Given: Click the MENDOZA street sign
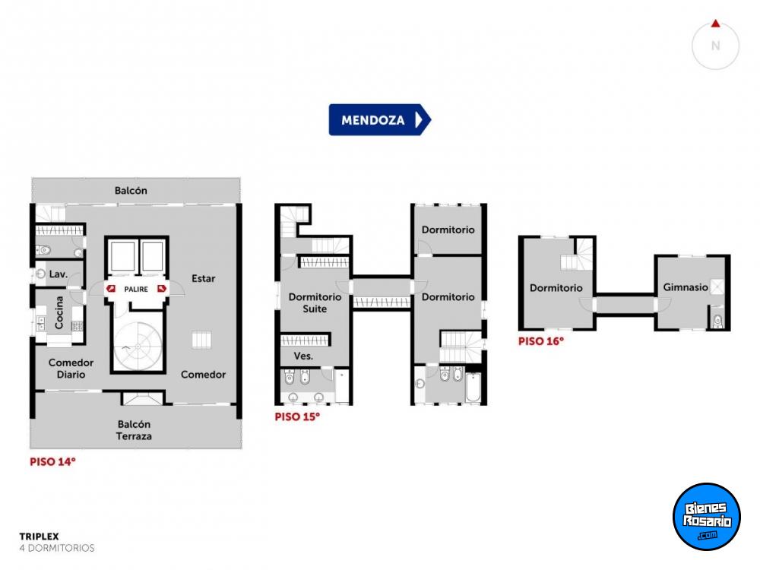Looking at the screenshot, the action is (379, 120).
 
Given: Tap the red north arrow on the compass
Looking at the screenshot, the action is (715, 24).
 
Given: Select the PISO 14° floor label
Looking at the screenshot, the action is (53, 462).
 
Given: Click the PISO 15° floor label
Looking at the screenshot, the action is (297, 416).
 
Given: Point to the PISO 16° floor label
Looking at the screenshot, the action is (541, 341).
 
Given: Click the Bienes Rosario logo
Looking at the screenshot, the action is (707, 517).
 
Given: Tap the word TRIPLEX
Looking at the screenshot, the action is (40, 537).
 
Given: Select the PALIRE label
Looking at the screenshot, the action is (136, 290).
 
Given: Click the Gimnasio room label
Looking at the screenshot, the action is (686, 287).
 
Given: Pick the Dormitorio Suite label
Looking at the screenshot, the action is (315, 303).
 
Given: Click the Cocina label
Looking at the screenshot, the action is (59, 312).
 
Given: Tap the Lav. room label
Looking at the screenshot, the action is (59, 274).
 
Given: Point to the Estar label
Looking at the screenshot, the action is (203, 279).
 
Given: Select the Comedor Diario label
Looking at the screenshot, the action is (71, 369).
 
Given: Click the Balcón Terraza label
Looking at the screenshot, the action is (134, 430).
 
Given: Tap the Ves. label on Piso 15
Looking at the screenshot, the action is (303, 356).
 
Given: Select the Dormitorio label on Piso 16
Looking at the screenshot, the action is (556, 288).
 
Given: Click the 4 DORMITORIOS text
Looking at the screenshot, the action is (57, 548).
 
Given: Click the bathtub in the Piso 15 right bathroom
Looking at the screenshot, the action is (473, 387).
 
